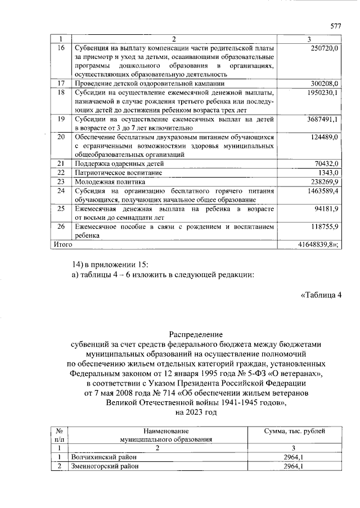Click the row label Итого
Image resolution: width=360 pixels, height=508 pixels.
[62, 245]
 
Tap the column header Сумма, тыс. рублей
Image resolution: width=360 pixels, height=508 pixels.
[295, 430]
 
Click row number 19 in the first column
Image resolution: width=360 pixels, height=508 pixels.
[62, 119]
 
